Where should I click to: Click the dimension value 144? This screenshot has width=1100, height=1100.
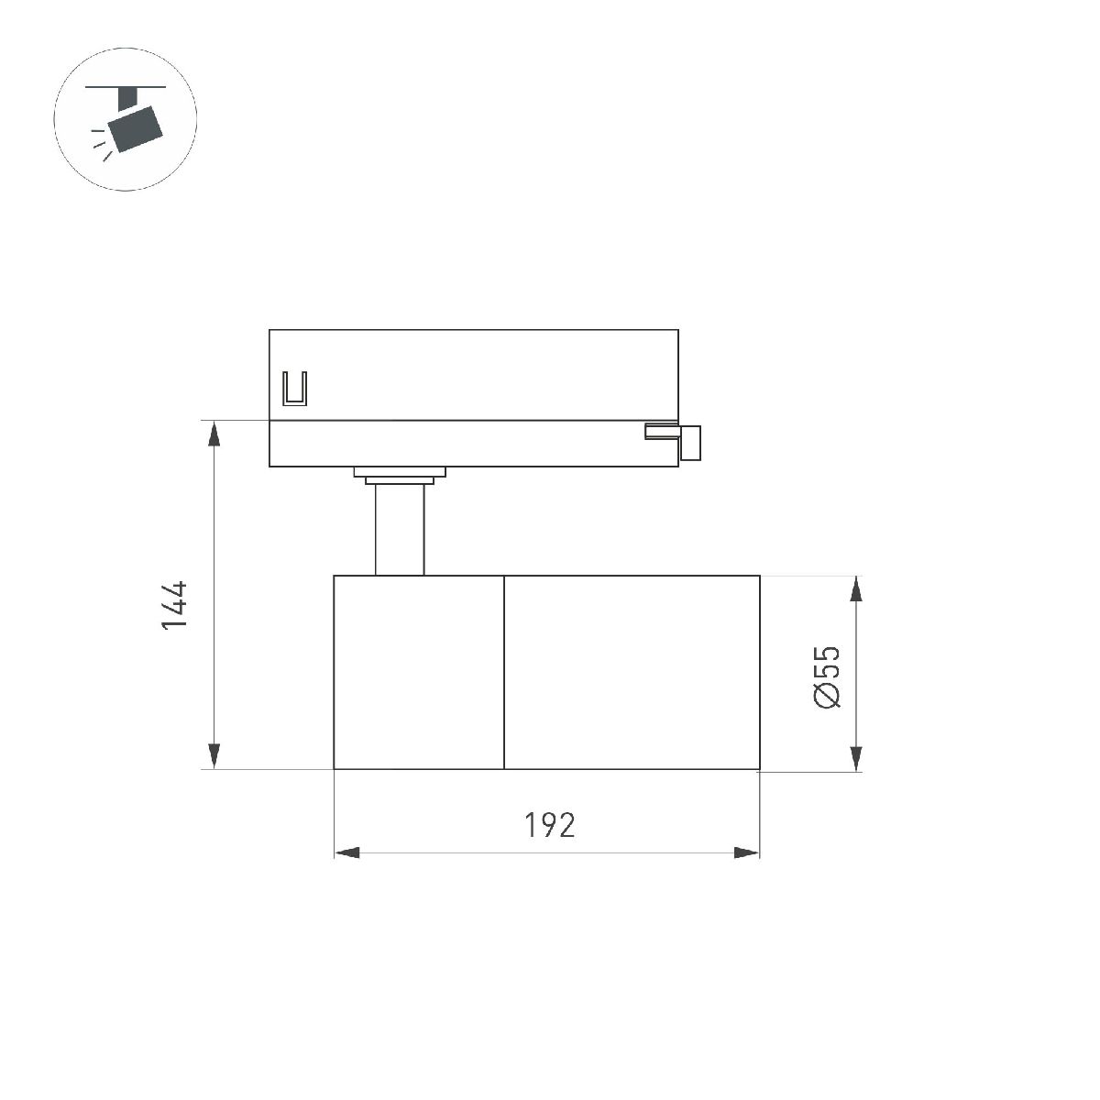[x=174, y=603]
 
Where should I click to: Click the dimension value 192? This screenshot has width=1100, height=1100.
[x=550, y=825]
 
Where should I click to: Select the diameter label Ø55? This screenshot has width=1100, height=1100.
[x=826, y=676]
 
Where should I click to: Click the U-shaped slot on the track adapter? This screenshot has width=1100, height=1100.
[x=295, y=388]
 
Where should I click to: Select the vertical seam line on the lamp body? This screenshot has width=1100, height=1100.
[x=504, y=672]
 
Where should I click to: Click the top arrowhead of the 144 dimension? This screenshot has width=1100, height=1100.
[x=214, y=434]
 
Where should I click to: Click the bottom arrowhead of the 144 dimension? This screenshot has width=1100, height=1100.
[x=214, y=756]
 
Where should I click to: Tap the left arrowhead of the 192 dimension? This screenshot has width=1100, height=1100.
[x=346, y=853]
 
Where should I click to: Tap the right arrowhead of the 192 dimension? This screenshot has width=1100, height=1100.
[x=747, y=853]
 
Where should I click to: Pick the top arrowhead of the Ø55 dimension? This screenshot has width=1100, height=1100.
[x=856, y=588]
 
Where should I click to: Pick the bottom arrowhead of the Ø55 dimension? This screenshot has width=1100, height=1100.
[x=856, y=757]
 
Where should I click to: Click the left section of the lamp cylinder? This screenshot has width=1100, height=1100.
[x=419, y=672]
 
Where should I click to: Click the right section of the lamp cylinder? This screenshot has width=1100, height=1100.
[x=632, y=672]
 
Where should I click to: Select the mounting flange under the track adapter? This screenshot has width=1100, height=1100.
[x=400, y=474]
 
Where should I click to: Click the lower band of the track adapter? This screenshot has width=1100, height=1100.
[x=458, y=445]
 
